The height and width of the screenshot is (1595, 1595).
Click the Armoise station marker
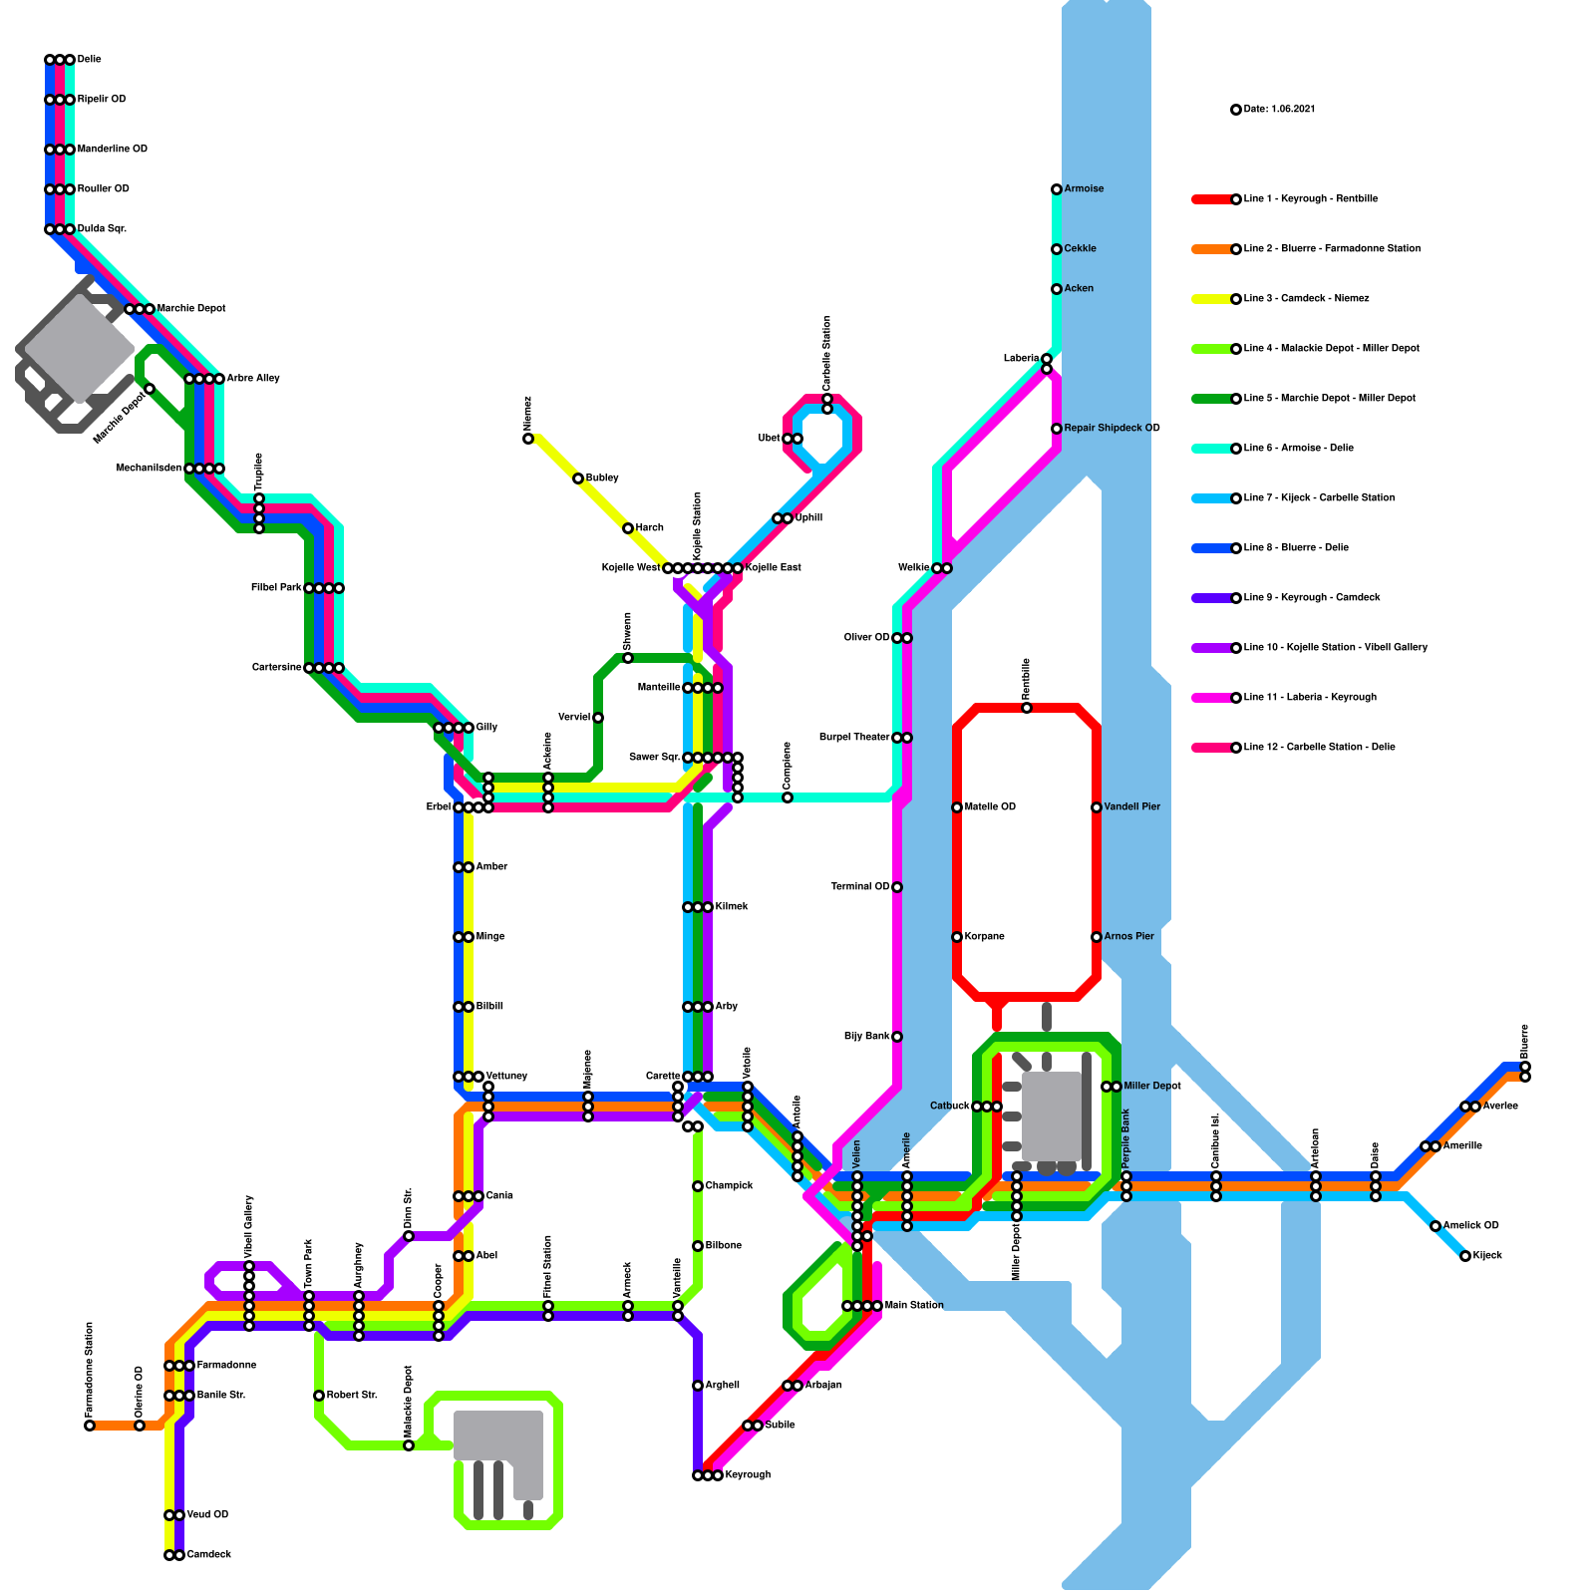pos(1057,189)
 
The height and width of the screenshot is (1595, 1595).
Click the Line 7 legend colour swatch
pos(1211,498)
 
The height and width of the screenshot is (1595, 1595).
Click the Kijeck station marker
pos(1465,1256)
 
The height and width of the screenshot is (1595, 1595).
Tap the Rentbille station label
pos(1026,678)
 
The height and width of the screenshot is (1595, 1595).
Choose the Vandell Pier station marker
pos(1097,807)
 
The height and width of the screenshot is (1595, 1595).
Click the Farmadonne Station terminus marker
pos(90,1426)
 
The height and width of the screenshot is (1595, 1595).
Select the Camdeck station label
pos(208,1555)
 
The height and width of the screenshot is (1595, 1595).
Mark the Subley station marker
pos(578,478)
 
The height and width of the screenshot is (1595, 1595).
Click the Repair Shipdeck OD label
pos(1112,429)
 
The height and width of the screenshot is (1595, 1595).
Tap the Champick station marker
pos(698,1186)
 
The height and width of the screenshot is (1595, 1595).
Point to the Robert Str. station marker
pos(319,1396)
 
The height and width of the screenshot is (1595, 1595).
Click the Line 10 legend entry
pos(1335,648)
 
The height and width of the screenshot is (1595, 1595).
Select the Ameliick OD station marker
pos(1435,1226)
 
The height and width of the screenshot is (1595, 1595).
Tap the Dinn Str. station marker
pos(409,1236)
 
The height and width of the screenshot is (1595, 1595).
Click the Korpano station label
pos(984,937)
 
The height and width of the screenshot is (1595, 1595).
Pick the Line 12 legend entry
pos(1319,748)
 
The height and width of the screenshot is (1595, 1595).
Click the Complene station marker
pos(788,797)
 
